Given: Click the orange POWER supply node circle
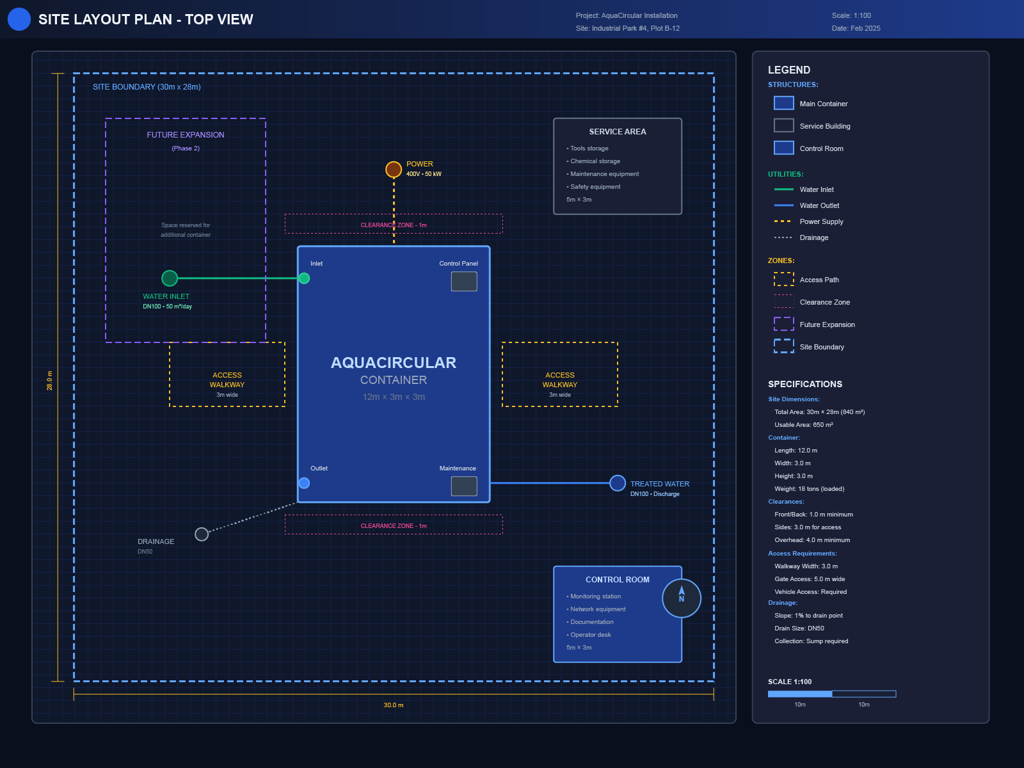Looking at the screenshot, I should click(x=394, y=170).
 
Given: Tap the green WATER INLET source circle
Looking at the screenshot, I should click(x=170, y=278).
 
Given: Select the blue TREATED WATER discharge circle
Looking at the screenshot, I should click(x=618, y=483).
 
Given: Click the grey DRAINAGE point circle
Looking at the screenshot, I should click(x=202, y=534).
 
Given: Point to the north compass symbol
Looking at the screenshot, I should click(x=682, y=598).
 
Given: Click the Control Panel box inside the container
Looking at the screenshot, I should click(x=464, y=282).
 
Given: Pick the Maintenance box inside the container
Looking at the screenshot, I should click(x=464, y=486).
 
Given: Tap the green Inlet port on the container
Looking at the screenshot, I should click(x=305, y=278).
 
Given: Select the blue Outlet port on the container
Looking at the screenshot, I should click(x=305, y=483).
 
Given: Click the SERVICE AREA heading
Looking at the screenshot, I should click(x=618, y=132).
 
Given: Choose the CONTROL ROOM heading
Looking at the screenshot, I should click(x=618, y=580).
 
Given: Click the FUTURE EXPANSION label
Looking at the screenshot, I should click(x=186, y=135).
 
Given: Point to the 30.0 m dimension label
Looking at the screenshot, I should click(x=394, y=705).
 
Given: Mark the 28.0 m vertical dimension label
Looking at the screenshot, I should click(x=50, y=381).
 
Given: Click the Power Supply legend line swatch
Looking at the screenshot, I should click(x=783, y=221).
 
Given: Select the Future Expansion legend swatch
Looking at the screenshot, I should click(x=784, y=324).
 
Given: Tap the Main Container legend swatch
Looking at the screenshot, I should click(x=784, y=104).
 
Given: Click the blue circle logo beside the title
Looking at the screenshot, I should click(x=19, y=19).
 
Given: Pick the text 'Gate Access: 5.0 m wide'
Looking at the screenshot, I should click(x=810, y=579).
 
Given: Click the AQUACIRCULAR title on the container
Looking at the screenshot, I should click(x=394, y=363).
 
